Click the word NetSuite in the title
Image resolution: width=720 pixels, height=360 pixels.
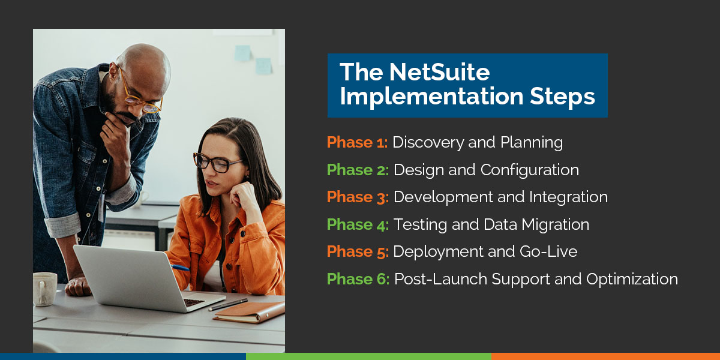[x=439, y=73]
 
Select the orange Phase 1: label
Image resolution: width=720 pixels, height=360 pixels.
[x=358, y=143]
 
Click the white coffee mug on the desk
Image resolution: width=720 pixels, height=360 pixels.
[x=44, y=289]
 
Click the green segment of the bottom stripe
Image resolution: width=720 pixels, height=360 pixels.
[x=368, y=356]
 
